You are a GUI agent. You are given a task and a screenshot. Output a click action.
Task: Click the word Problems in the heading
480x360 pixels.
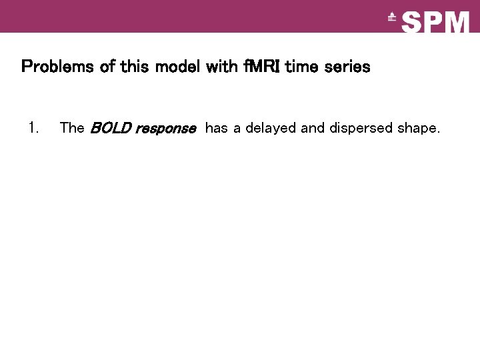tap(53, 67)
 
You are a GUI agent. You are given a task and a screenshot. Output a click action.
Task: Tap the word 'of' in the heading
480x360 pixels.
tap(97, 67)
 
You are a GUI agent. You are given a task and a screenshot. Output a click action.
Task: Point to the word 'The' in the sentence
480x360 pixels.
tap(71, 127)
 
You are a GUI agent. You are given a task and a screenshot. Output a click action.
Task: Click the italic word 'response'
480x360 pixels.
tap(165, 128)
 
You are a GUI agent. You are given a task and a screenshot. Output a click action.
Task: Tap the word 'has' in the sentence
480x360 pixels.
tap(216, 127)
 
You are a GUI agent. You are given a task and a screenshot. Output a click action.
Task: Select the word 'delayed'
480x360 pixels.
tap(271, 127)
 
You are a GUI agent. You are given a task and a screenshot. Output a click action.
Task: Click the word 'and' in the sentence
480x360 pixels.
tap(313, 127)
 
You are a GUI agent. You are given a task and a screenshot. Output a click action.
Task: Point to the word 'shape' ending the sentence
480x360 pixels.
tap(418, 128)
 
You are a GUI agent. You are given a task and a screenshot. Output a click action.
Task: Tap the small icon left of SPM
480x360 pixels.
tap(392, 18)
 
